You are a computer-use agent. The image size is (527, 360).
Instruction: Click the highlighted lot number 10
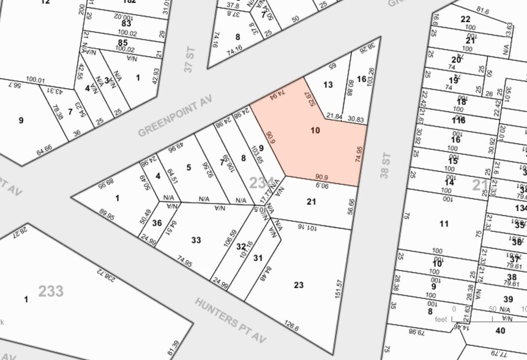coord(315,130)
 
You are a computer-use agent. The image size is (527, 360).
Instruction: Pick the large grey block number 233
coord(51,290)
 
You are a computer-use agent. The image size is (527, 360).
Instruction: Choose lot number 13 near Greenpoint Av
coord(328,84)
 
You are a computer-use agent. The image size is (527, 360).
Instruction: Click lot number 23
coord(298,285)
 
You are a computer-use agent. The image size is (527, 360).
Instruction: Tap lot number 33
coord(196,240)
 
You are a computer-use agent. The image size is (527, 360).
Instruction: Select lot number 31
coord(258,258)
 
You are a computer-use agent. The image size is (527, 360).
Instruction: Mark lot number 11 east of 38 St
coord(444,223)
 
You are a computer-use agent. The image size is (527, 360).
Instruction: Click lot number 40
coord(500,331)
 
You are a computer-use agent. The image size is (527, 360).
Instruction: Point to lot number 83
coord(125,23)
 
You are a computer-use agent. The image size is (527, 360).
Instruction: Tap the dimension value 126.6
coord(292,328)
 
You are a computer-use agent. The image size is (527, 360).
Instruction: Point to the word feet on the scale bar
coord(441,319)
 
